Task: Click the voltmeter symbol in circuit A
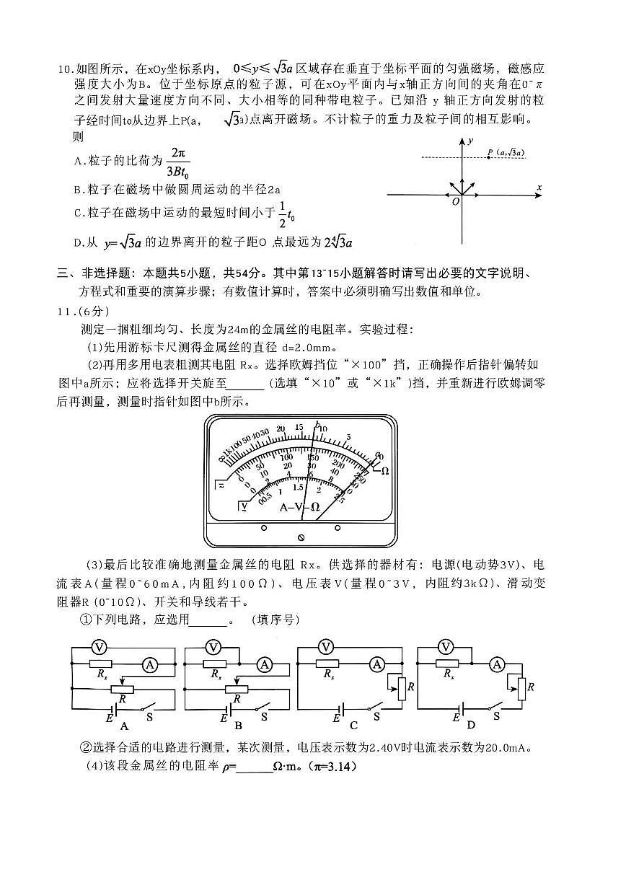(x=100, y=646)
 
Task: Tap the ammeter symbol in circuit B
(x=264, y=665)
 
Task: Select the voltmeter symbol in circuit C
(x=326, y=646)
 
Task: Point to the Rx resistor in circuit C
(x=328, y=664)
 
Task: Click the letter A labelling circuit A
(x=124, y=726)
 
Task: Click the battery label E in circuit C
(x=336, y=718)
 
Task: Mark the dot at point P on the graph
(x=489, y=157)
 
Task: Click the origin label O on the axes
(x=455, y=203)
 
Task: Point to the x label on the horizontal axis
(x=539, y=188)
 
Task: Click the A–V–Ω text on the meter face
(x=299, y=506)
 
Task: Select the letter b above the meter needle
(x=317, y=423)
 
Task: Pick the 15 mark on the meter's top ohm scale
(x=300, y=428)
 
